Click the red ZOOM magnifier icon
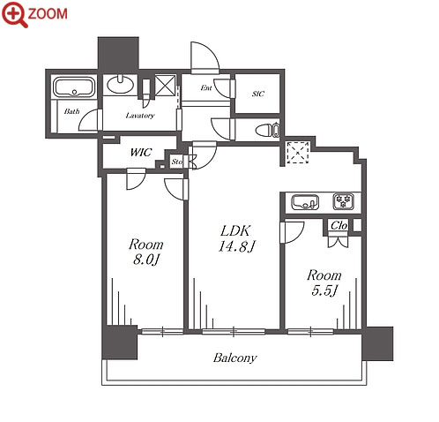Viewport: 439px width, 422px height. (x=15, y=14)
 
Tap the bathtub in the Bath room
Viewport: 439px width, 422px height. (x=74, y=87)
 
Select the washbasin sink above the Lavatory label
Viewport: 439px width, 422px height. (x=120, y=85)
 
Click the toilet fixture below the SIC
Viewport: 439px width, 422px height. (x=267, y=130)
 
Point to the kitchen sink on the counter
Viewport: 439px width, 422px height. (x=305, y=202)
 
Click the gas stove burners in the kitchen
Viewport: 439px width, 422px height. (x=343, y=201)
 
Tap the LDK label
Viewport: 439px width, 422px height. (x=235, y=230)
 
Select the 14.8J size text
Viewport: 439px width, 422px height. (x=237, y=246)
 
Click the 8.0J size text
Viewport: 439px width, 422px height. (x=146, y=260)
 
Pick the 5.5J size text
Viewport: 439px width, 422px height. (x=324, y=290)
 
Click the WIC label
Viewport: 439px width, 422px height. (x=141, y=152)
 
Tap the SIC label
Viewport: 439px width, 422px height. (x=258, y=94)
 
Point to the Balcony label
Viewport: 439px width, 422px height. (x=235, y=358)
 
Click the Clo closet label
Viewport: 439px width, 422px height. (x=339, y=225)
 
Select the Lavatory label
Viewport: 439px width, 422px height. (x=140, y=116)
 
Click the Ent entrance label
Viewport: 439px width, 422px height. (x=206, y=87)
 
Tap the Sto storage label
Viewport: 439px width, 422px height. (x=177, y=162)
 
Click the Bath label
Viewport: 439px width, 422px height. (x=71, y=111)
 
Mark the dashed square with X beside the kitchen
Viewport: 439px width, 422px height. (x=298, y=153)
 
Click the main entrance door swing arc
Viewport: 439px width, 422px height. (x=213, y=50)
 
